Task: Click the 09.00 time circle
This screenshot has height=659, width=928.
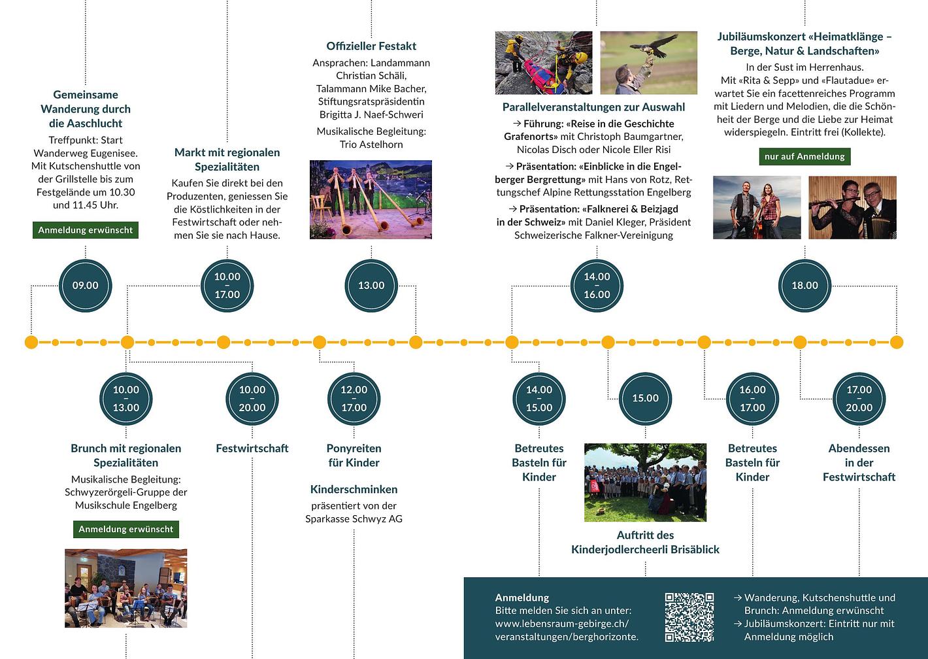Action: pyautogui.click(x=86, y=286)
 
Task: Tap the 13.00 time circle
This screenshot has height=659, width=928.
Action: pyautogui.click(x=371, y=286)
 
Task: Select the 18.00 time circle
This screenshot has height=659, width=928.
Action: pyautogui.click(x=804, y=286)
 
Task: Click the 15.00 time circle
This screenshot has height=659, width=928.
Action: pyautogui.click(x=645, y=398)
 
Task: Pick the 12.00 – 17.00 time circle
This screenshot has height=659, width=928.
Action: pyautogui.click(x=354, y=398)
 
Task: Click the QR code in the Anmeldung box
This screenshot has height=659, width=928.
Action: pyautogui.click(x=689, y=617)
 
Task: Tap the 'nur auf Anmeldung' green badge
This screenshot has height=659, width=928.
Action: pyautogui.click(x=804, y=156)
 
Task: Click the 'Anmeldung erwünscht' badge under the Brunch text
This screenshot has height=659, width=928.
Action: pyautogui.click(x=126, y=529)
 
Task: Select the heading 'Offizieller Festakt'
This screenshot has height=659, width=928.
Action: pyautogui.click(x=371, y=46)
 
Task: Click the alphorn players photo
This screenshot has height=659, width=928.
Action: pyautogui.click(x=371, y=199)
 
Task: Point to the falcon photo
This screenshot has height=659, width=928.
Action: pyautogui.click(x=648, y=63)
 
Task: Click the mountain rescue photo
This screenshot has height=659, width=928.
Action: pyautogui.click(x=544, y=63)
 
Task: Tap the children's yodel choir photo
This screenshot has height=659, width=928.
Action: pyautogui.click(x=645, y=482)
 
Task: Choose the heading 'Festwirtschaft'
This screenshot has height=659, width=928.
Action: pyautogui.click(x=252, y=448)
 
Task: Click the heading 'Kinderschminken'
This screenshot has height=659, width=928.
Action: pyautogui.click(x=354, y=489)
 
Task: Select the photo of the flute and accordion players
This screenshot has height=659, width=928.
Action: pyautogui.click(x=852, y=207)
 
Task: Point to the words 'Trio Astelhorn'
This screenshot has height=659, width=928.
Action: pyautogui.click(x=371, y=144)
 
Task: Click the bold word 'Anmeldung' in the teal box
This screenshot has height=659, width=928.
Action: pyautogui.click(x=522, y=598)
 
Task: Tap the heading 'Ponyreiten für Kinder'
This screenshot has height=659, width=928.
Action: pyautogui.click(x=354, y=456)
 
